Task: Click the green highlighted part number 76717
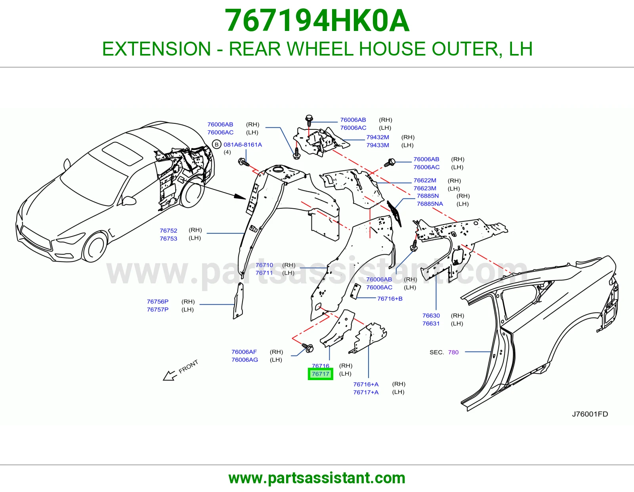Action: point(320,374)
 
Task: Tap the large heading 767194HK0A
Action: point(317,21)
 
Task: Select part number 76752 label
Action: point(168,231)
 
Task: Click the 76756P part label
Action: point(158,302)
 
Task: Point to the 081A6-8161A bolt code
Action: point(243,144)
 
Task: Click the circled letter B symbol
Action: point(216,144)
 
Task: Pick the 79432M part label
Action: point(378,137)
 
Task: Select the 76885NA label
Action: point(430,204)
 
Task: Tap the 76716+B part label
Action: point(390,299)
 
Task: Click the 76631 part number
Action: point(431,323)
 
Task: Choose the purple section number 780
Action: point(453,352)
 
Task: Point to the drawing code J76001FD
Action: point(590,414)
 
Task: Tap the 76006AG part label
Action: point(244,359)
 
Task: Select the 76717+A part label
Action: point(366,392)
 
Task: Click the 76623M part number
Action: point(425,188)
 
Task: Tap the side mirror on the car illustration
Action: point(129,201)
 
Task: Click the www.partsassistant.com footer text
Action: point(317,478)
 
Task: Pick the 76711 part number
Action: point(264,273)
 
